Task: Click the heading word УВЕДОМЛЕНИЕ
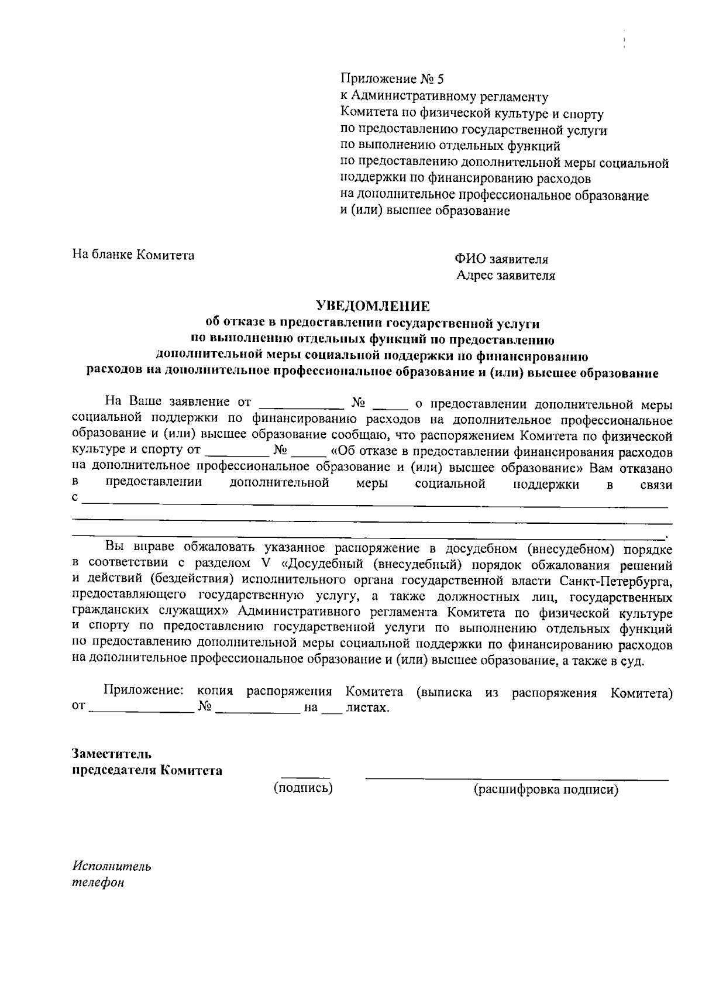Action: pyautogui.click(x=373, y=306)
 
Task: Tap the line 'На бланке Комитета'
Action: pyautogui.click(x=133, y=255)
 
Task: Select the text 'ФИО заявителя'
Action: pyautogui.click(x=501, y=259)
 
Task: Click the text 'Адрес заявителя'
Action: pyautogui.click(x=505, y=276)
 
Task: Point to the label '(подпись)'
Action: pyautogui.click(x=303, y=788)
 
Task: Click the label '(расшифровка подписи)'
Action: pyautogui.click(x=545, y=790)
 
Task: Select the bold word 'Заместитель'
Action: pyautogui.click(x=112, y=753)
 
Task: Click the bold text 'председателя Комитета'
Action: pyautogui.click(x=147, y=770)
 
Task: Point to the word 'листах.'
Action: pyautogui.click(x=367, y=708)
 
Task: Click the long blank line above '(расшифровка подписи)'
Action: pyautogui.click(x=517, y=779)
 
